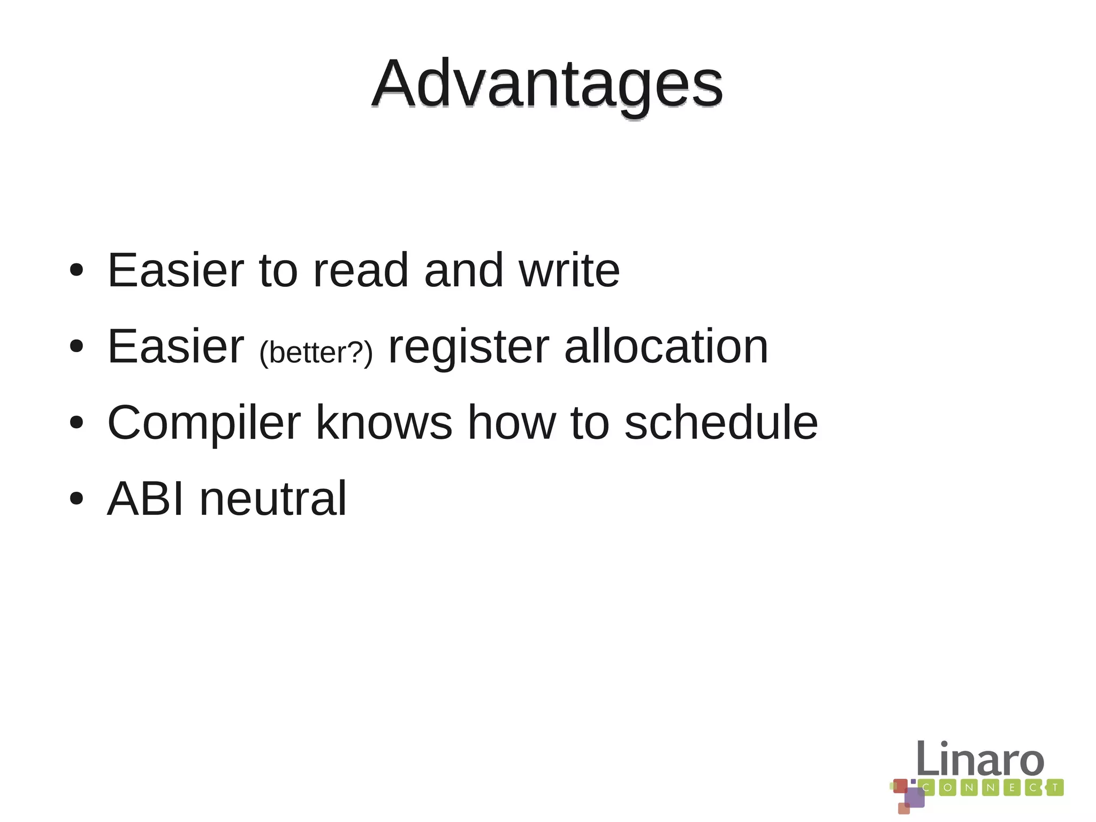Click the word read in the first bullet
pos(361,270)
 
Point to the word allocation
pos(666,347)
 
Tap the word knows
pos(384,423)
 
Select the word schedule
pos(721,423)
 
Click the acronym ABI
pos(146,499)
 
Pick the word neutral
pos(273,499)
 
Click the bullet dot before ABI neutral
pos(77,499)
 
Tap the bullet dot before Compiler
pos(77,423)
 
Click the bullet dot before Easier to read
pos(77,270)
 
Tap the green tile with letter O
pos(948,788)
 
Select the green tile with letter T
pos(1055,788)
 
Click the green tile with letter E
pos(1011,788)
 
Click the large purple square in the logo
pos(915,797)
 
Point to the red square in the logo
pos(901,786)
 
